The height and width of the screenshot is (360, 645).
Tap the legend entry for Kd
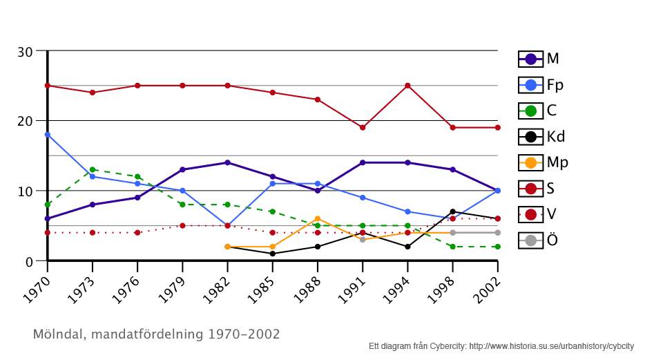tap(541, 137)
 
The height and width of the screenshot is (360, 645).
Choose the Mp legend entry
tap(541, 162)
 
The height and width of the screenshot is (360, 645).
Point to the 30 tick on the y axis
tap(25, 51)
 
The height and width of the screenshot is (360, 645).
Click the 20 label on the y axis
tap(25, 121)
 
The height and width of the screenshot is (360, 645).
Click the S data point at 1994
tap(407, 86)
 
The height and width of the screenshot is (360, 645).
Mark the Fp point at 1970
tap(47, 135)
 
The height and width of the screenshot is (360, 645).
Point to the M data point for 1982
tap(227, 162)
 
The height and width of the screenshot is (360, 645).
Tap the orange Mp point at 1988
tap(318, 218)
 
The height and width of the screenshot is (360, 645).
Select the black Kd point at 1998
tap(452, 211)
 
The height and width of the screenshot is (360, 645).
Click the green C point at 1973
tap(92, 169)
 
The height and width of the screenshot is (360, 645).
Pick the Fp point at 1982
tap(227, 225)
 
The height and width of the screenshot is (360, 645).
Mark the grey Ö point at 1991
tap(363, 239)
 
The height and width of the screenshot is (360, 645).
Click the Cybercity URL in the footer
tap(551, 345)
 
